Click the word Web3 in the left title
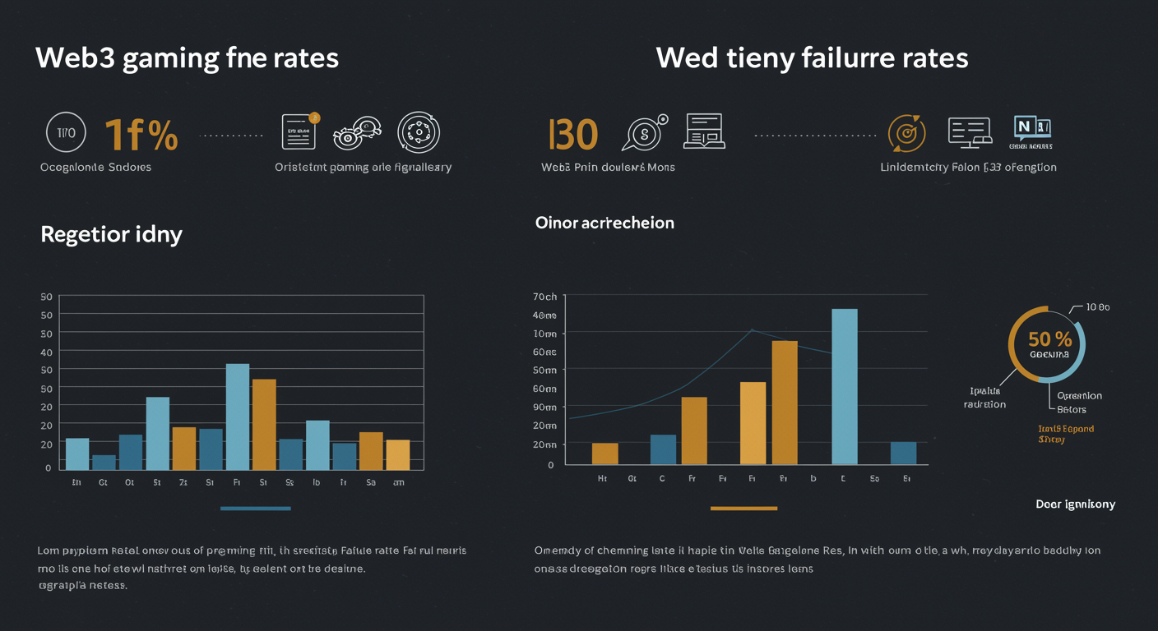click(75, 59)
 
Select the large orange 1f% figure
click(141, 134)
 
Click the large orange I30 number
click(572, 134)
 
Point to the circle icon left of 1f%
click(66, 133)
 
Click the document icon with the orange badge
click(299, 131)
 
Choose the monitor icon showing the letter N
click(1032, 129)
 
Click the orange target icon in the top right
click(907, 133)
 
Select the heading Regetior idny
click(111, 234)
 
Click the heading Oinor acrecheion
click(604, 223)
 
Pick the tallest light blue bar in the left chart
click(238, 417)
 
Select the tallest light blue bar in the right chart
click(845, 386)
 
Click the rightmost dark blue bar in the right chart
click(903, 453)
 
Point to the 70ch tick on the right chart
click(544, 297)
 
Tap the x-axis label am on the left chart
click(398, 483)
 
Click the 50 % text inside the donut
click(1050, 339)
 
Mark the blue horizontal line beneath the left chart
click(256, 509)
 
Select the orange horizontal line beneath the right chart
click(743, 509)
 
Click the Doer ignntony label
click(1075, 504)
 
